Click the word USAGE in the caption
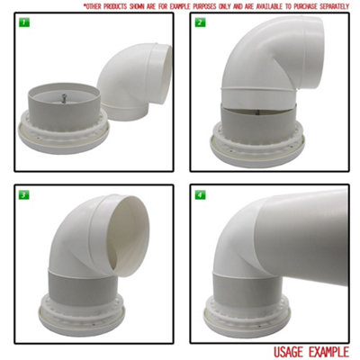292,352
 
